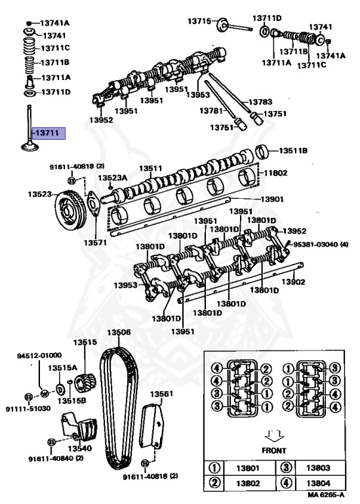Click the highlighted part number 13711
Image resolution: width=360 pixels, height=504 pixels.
coord(47,133)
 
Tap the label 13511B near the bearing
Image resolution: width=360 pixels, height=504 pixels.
coord(293,150)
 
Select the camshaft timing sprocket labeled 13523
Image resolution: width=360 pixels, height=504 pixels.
coord(70,211)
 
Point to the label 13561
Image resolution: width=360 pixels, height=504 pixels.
coord(161,394)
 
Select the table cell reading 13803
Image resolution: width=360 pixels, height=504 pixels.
coord(318,468)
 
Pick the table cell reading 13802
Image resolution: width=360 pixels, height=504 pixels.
coord(248,483)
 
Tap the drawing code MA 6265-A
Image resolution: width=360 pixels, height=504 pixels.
coord(326,495)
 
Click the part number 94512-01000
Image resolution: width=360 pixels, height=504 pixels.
coord(39,355)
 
